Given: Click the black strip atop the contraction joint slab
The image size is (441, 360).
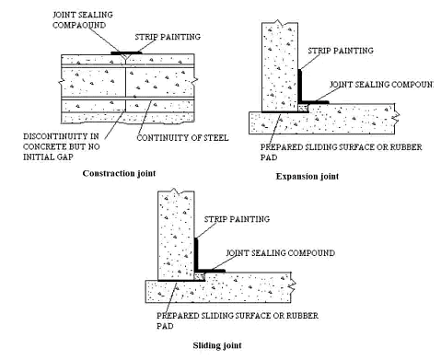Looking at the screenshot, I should (x=125, y=54).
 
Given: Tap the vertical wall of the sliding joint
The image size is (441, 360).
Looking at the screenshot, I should (x=176, y=230).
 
